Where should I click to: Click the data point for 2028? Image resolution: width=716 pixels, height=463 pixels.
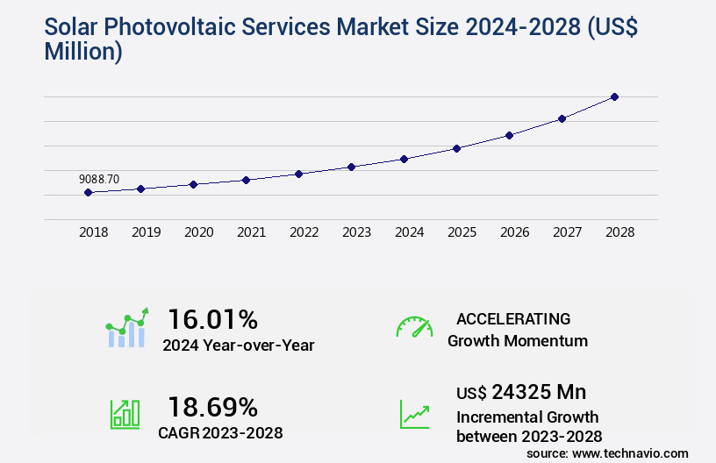[x=614, y=96]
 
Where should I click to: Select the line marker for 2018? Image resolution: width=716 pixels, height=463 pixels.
[x=89, y=192]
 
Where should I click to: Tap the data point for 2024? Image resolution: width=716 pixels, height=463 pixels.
[x=404, y=159]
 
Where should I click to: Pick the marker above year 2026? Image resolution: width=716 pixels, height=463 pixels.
[x=509, y=135]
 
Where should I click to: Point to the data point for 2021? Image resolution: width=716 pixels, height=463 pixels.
[x=247, y=180]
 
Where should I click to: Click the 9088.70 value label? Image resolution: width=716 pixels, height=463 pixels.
[x=99, y=179]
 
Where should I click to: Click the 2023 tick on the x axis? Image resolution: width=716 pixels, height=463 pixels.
[x=356, y=232]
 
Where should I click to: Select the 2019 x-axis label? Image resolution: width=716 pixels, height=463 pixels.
[x=146, y=232]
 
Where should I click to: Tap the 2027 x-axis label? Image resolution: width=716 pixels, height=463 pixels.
[x=567, y=232]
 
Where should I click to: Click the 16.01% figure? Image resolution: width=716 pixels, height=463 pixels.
[x=213, y=318]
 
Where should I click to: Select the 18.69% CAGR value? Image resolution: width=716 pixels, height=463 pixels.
[x=213, y=407]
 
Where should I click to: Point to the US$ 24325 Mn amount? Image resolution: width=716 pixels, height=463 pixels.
[x=521, y=391]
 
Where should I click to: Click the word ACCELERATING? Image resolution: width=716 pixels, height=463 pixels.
[x=513, y=318]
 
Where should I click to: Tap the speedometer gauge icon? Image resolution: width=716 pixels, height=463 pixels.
[x=414, y=326]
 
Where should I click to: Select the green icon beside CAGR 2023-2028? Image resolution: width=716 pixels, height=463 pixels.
[x=125, y=414]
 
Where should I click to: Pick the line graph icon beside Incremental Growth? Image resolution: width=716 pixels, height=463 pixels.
[x=414, y=414]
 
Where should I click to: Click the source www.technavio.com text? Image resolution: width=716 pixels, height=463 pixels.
[x=607, y=452]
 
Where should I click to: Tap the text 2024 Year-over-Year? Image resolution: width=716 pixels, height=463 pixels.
[x=239, y=345]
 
